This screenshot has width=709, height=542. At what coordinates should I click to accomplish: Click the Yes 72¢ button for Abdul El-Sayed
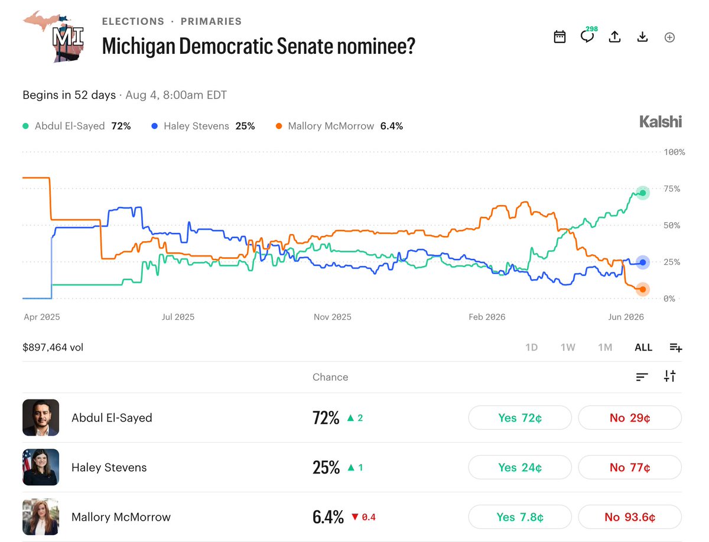pyautogui.click(x=520, y=418)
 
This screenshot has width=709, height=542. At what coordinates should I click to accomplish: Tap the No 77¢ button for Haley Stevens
pyautogui.click(x=630, y=467)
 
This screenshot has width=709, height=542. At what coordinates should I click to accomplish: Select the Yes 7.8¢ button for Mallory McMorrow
pyautogui.click(x=520, y=517)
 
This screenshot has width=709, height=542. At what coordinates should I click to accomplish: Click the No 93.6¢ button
pyautogui.click(x=630, y=517)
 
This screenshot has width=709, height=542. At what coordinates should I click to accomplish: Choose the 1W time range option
pyautogui.click(x=568, y=347)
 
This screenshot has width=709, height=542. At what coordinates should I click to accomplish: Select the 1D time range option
pyautogui.click(x=531, y=347)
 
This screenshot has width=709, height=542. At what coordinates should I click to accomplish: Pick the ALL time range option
pyautogui.click(x=643, y=347)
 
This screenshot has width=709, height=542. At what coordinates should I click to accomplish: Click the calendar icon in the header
pyautogui.click(x=560, y=37)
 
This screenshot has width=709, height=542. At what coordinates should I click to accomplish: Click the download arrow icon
pyautogui.click(x=642, y=37)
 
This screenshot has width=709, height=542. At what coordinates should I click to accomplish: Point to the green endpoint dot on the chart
pyautogui.click(x=642, y=193)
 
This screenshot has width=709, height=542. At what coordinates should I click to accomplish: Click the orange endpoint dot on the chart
pyautogui.click(x=642, y=290)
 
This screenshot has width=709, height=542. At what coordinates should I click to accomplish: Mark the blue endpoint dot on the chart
pyautogui.click(x=642, y=262)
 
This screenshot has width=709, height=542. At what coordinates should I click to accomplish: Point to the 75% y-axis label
pyautogui.click(x=672, y=189)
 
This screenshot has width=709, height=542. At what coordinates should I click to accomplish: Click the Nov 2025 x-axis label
pyautogui.click(x=333, y=317)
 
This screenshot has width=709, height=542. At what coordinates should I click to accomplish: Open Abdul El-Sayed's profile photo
pyautogui.click(x=41, y=418)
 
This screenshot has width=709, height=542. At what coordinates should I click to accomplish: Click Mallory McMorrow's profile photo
pyautogui.click(x=41, y=517)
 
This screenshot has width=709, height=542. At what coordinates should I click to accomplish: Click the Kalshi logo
pyautogui.click(x=661, y=122)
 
